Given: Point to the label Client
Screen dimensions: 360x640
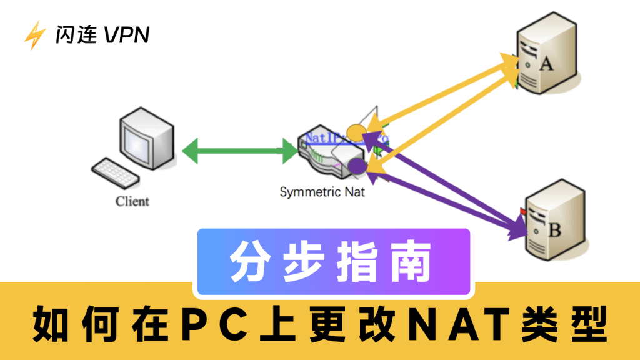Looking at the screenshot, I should tap(132, 201).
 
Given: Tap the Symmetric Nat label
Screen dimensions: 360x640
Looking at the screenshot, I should tap(322, 192).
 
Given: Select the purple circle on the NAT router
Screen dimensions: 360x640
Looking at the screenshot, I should tap(356, 166).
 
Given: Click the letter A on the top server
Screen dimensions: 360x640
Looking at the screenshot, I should tap(546, 64).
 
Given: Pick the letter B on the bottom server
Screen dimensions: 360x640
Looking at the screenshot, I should tap(554, 230).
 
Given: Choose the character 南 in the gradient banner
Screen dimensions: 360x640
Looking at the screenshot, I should tap(411, 261).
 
